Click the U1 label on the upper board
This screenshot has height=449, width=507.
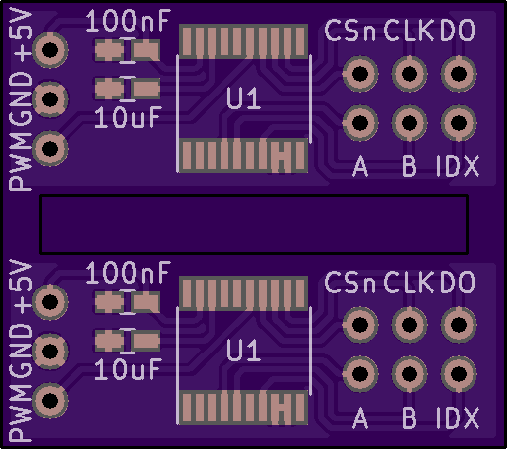pos(243,98)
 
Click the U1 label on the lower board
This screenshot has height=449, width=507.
pos(243,351)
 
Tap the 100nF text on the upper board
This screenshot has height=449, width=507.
pos(128,21)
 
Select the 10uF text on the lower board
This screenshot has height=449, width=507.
pos(128,369)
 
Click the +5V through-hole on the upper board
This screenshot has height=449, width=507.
pos(50,50)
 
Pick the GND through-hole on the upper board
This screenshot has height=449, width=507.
pos(50,99)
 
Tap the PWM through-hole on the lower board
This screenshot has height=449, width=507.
pos(50,400)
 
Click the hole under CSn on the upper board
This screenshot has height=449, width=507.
pos(360,74)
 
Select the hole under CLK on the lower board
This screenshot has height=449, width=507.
pos(410,325)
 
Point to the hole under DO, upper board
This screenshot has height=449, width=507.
pos(459,74)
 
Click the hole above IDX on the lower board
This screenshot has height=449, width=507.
pos(459,374)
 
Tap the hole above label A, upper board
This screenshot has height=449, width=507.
pos(360,123)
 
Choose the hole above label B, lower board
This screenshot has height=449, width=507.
pos(410,374)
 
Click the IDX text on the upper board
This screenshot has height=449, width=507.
pos(458,166)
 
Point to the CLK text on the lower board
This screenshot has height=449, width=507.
pos(409,283)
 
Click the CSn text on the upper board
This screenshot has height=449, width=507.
pos(349,31)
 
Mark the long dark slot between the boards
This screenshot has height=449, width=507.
pos(254,224)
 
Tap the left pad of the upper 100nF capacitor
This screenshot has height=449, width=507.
pos(109,50)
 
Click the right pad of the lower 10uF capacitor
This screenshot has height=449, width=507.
pos(146,341)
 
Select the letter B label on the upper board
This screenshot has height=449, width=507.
pos(410,166)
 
